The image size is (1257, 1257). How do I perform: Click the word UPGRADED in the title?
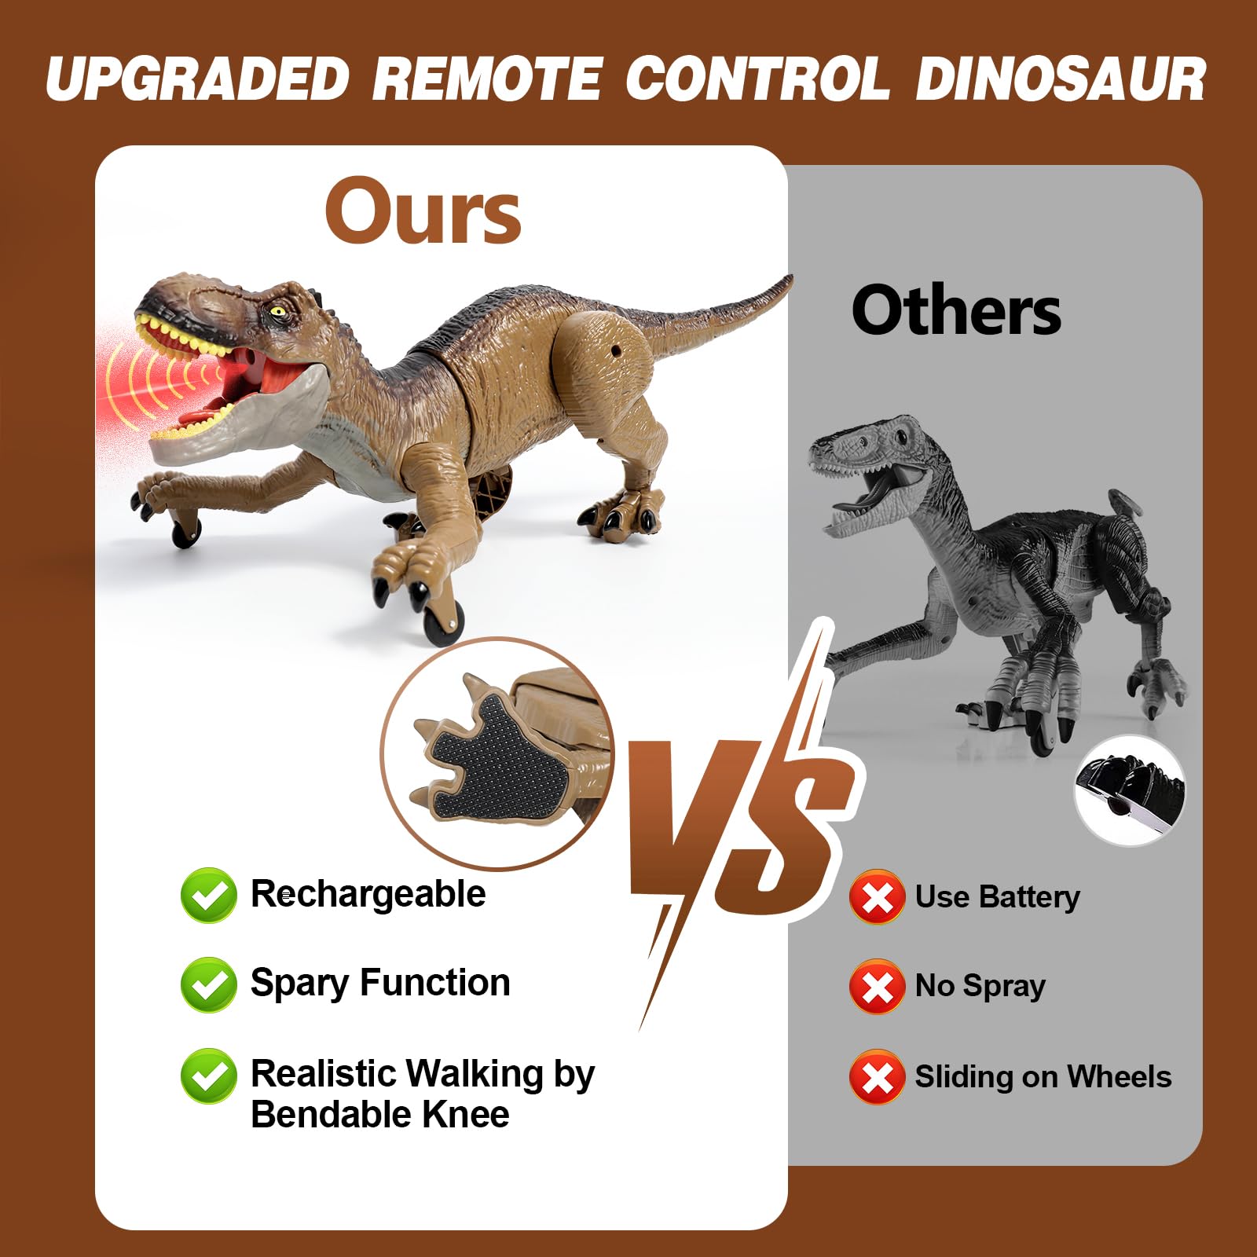pos(197,79)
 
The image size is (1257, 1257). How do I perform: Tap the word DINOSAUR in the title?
pos(1060,79)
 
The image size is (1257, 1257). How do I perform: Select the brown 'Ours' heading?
pos(423,211)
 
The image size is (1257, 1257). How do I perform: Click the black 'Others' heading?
pos(956,311)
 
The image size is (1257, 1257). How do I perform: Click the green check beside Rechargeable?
pos(208,895)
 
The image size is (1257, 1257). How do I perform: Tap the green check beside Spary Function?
pos(208,984)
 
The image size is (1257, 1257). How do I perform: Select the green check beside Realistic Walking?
pos(208,1076)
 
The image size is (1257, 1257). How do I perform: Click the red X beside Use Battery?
pos(877,896)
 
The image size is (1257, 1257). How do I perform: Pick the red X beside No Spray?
pos(877,986)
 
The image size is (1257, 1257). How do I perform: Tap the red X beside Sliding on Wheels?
pos(877,1076)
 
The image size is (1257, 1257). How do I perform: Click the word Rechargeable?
pos(368,894)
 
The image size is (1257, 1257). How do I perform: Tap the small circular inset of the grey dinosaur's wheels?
pos(1130,790)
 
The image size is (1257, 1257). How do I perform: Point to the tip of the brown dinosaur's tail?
pos(788,279)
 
